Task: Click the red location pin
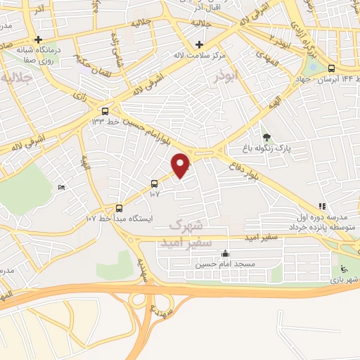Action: point(181,165)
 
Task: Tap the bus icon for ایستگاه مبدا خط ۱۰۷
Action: point(119,208)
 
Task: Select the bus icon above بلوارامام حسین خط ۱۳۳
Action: point(105,110)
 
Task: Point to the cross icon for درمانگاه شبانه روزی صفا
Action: point(39,39)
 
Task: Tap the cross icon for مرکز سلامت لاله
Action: point(200,44)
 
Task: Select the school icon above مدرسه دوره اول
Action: point(322,206)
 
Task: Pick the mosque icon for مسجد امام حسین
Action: point(225,254)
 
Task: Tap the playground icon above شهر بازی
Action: point(343,269)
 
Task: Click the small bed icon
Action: point(61,187)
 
